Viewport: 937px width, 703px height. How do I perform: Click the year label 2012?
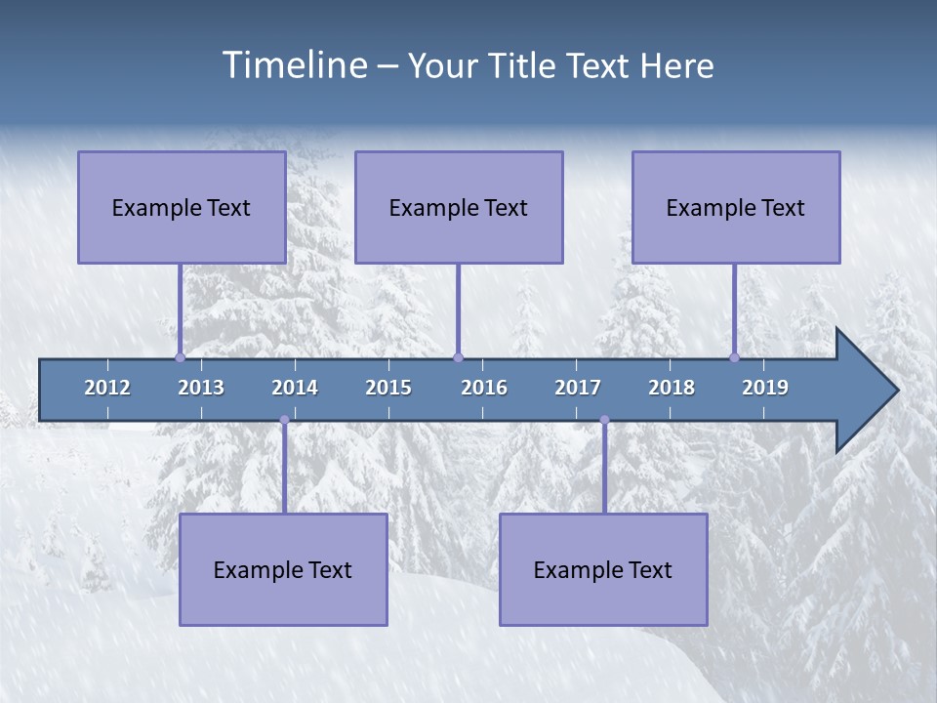coord(107,388)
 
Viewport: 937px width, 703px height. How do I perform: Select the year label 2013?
coord(201,388)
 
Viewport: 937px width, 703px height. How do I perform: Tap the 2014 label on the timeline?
coord(295,388)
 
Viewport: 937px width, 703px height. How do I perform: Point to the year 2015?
coord(388,388)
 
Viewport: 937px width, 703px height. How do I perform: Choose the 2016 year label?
coord(484,388)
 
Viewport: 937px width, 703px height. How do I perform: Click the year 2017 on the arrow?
coord(578,388)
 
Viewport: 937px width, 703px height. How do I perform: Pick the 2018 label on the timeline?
coord(672,388)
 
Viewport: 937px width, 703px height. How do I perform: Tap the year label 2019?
coord(765,388)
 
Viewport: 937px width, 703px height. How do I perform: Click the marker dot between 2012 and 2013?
coord(180,357)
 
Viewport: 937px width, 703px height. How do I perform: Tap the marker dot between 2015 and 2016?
coord(458,357)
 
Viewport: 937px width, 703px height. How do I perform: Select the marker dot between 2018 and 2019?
coord(735,357)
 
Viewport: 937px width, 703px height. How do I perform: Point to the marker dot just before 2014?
coord(284,420)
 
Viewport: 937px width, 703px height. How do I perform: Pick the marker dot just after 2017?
coord(604,420)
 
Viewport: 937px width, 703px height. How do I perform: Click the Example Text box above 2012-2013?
coord(182,207)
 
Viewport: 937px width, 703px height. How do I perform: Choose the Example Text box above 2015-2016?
coord(459,207)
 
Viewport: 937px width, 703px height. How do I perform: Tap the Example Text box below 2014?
coord(283,569)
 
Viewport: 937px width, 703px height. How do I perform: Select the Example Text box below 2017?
coord(603,569)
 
